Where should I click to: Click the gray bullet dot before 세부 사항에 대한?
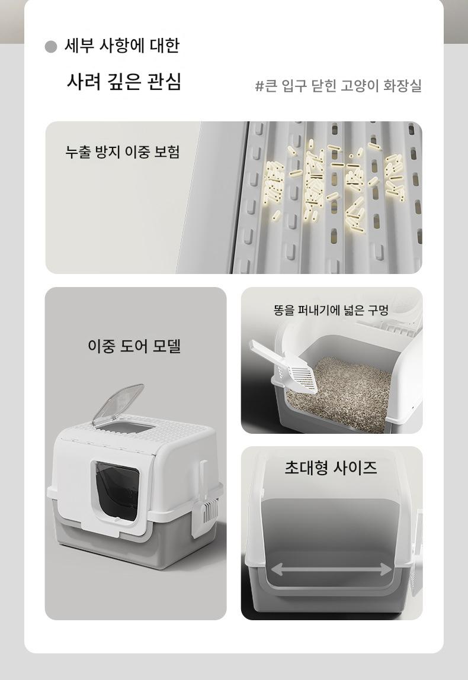click(x=51, y=46)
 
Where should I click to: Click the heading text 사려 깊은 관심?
click(x=124, y=81)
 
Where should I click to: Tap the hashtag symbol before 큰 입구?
click(x=259, y=86)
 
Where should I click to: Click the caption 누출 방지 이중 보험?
click(x=123, y=152)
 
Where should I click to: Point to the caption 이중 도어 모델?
click(x=134, y=346)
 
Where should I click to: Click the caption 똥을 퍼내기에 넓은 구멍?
click(x=331, y=310)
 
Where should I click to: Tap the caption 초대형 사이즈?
click(x=331, y=468)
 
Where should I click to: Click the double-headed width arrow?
click(x=332, y=569)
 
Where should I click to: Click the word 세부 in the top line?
click(x=78, y=45)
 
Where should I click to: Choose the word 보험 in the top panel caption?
click(x=166, y=152)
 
